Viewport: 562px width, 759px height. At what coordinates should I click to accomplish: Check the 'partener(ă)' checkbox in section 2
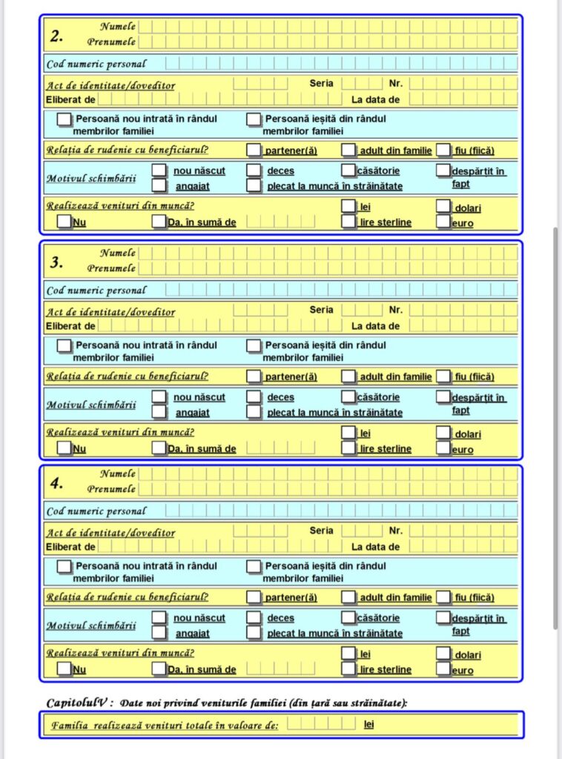(254, 150)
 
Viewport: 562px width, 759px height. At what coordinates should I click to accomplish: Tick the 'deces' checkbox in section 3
(254, 397)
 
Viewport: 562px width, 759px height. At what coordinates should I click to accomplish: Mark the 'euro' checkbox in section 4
(443, 669)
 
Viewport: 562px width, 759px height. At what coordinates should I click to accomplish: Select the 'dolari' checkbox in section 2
(443, 206)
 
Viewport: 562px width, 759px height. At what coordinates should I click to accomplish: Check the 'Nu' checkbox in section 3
(65, 448)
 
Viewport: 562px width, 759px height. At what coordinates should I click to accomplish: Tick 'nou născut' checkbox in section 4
(159, 617)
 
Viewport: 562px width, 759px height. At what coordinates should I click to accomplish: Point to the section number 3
(57, 262)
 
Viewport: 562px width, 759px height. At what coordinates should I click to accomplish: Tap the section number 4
(57, 483)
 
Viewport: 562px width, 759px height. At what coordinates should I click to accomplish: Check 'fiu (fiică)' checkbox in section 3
(443, 377)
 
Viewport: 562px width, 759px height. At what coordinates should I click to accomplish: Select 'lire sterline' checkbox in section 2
(348, 222)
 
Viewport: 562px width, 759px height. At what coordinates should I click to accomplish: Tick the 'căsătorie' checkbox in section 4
(348, 617)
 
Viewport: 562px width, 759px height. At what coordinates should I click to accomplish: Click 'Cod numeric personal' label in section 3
(96, 291)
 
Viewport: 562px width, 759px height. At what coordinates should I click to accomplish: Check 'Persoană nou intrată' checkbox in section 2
(65, 119)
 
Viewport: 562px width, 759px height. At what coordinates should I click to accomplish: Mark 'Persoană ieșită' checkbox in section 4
(254, 566)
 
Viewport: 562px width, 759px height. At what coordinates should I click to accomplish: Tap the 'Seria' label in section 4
(321, 531)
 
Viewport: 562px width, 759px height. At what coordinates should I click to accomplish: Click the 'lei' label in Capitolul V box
(368, 724)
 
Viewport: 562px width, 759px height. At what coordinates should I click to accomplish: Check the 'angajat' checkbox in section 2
(159, 185)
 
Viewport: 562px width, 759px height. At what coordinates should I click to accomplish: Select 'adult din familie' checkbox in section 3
(348, 377)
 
